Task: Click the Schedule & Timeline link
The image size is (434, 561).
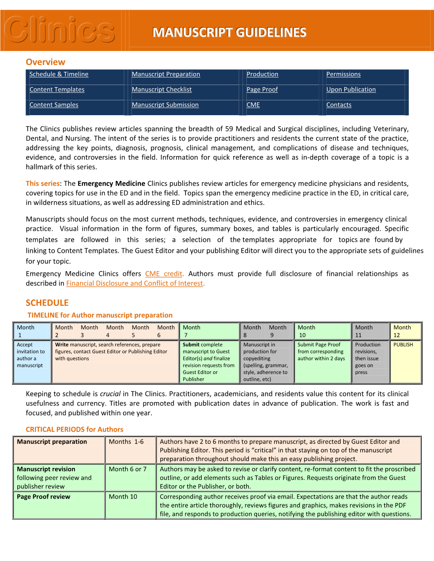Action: coord(59,74)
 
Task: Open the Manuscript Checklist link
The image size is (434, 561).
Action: coord(162,90)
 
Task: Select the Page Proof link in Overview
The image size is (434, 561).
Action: coord(262,90)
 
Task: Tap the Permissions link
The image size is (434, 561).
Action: coord(343,74)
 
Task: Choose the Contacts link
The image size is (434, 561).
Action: coord(339,105)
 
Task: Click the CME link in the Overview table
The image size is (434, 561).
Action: coord(253,105)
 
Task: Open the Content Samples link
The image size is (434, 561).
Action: coord(54,105)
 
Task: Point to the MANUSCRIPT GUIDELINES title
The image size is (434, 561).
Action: coord(229,33)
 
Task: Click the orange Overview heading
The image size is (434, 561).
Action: coord(46,62)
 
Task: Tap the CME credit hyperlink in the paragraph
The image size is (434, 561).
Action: coord(164,274)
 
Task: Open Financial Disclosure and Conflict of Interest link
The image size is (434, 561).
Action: coord(134,283)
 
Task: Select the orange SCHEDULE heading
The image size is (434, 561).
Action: coord(47,303)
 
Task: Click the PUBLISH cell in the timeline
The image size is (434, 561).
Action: coord(403,345)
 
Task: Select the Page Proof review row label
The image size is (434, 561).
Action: coord(43,497)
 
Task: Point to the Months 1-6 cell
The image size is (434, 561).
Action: coord(126,442)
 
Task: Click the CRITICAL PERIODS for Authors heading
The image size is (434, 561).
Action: coord(74,430)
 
